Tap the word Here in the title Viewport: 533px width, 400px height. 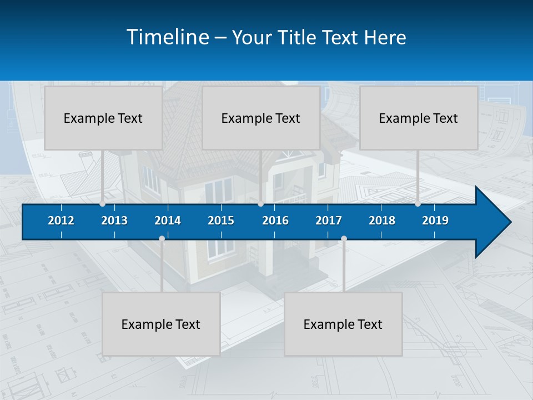pos(385,38)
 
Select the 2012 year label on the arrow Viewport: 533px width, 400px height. pos(61,221)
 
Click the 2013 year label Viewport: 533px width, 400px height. pos(114,221)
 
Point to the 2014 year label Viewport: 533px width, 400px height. pos(168,221)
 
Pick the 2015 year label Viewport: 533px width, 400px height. pos(221,221)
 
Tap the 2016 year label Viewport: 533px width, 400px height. pos(275,221)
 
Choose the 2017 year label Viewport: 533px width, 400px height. pos(329,221)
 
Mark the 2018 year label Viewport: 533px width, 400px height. pos(382,221)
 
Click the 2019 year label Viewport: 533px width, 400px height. pos(435,221)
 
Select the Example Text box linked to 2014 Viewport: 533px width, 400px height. pos(161,324)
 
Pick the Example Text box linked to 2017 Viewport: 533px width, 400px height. pos(343,324)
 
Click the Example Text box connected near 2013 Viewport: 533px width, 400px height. pos(103,118)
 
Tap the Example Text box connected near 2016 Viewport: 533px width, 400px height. pos(261,118)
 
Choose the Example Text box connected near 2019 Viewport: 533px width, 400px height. pos(419,118)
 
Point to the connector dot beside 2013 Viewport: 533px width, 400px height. pos(102,204)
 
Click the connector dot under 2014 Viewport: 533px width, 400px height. pos(162,239)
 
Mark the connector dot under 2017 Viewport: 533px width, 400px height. pos(344,239)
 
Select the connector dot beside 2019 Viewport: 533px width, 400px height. pos(418,204)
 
